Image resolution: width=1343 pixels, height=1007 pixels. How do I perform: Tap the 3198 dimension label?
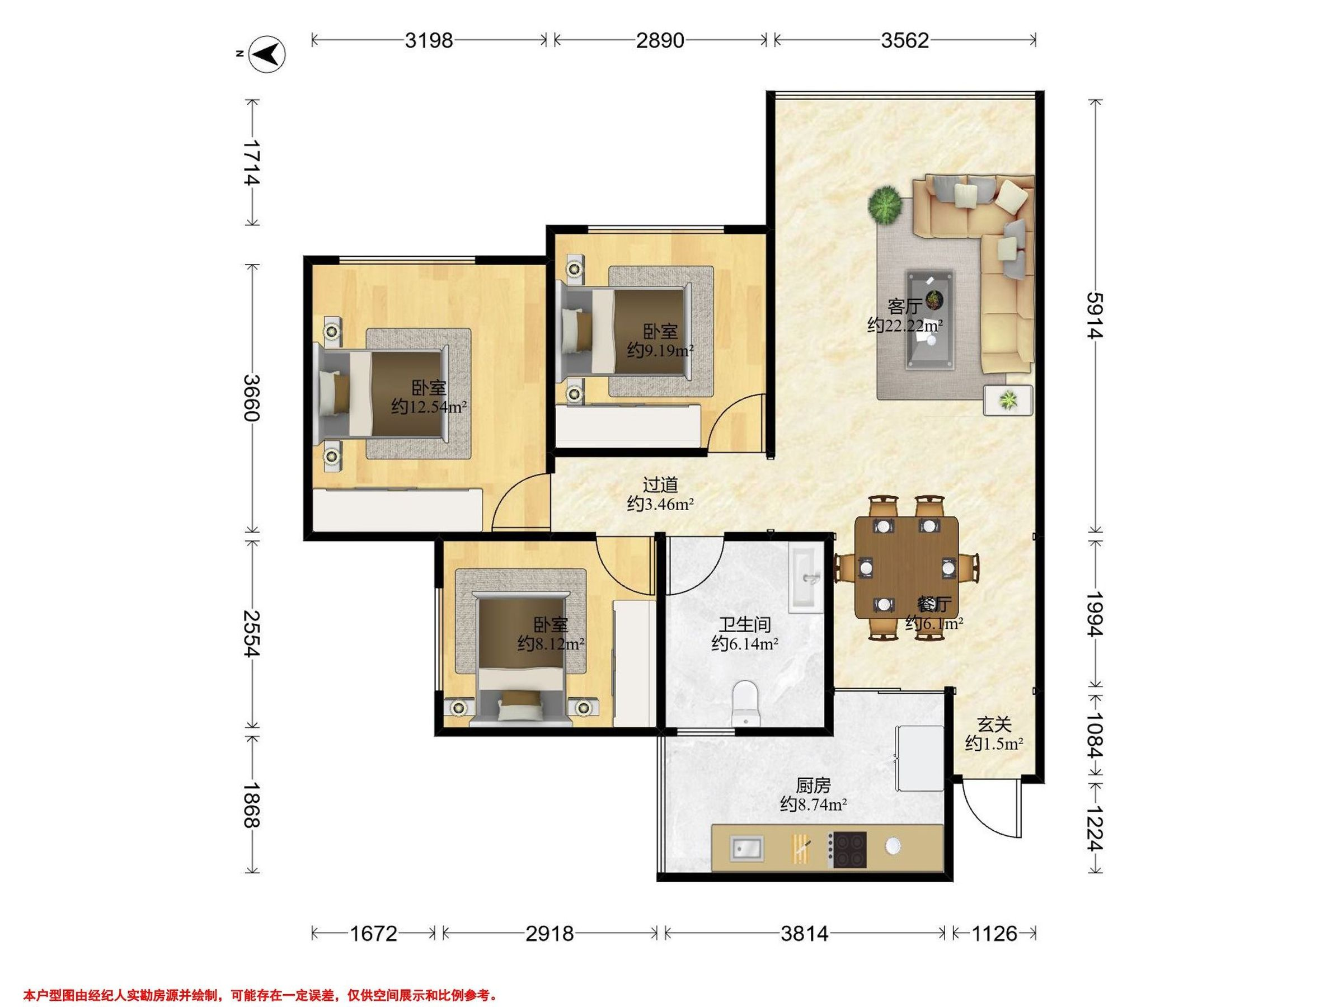pos(429,40)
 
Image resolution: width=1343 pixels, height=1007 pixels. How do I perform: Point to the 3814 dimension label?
pos(804,933)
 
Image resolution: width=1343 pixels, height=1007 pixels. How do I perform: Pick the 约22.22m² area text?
pos(905,326)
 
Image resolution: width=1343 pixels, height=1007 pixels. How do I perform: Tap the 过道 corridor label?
pos(660,484)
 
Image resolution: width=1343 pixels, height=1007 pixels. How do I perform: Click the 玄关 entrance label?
pos(994,724)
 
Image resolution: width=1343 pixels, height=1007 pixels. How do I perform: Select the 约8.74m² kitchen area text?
pos(814,805)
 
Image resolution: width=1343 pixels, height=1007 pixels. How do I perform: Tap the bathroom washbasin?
pos(806,578)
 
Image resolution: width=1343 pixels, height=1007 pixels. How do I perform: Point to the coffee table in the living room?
pos(929,320)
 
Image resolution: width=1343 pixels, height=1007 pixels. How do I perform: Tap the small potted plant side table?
pos(1008,400)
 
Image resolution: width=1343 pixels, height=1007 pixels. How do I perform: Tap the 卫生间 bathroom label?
pos(745,624)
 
